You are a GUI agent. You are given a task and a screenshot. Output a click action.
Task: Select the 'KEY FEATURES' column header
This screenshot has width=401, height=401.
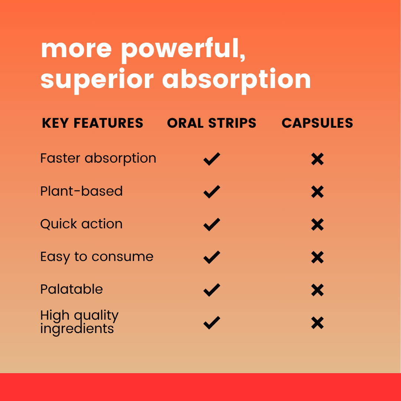coord(92,123)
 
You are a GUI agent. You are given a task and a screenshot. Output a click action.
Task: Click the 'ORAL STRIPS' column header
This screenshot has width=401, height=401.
coord(212,123)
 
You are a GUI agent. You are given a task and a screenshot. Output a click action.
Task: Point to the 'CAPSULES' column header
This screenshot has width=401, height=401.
coord(317,123)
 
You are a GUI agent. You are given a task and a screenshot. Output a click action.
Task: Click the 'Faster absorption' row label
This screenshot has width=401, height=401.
coord(98,158)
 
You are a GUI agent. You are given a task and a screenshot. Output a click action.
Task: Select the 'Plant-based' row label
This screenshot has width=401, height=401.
coord(82,191)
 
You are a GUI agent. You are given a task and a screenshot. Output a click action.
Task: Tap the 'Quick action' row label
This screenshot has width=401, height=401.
coord(82,224)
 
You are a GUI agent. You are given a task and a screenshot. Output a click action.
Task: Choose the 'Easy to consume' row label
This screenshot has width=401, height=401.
coord(97,257)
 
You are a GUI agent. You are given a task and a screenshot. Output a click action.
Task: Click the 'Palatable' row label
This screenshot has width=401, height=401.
coord(72,289)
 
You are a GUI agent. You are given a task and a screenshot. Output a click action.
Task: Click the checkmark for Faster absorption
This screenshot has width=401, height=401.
coord(212,159)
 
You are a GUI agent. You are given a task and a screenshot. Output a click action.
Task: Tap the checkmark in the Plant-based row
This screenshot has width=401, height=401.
coord(212,192)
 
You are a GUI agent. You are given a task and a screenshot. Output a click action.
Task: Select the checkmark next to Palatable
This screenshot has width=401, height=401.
coord(212,290)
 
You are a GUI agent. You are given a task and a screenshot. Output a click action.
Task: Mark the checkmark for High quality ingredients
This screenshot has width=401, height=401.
coord(212,323)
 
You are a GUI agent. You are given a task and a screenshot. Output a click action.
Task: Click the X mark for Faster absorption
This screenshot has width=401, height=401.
coord(317,159)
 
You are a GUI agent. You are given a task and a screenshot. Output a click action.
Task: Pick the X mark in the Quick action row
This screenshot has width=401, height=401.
coord(317,225)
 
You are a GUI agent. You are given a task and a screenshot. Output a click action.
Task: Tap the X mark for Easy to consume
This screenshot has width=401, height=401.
coord(317,257)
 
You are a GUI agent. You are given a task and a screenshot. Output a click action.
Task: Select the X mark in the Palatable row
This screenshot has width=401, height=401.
coord(317,290)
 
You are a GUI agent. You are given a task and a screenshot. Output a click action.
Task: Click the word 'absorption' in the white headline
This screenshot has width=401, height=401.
coord(237,81)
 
